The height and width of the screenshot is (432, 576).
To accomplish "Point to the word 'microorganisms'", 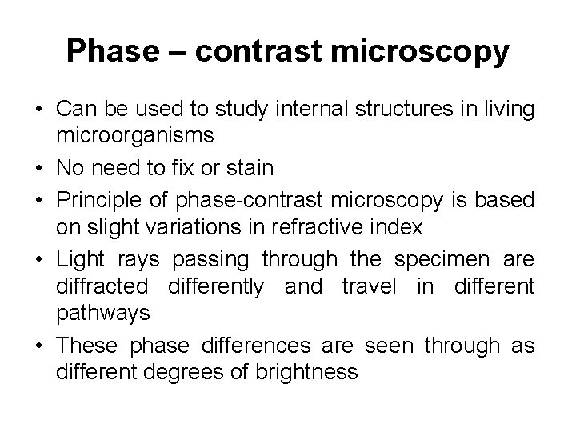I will point(134,135).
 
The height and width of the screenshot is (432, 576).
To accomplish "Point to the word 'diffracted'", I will point(102,286).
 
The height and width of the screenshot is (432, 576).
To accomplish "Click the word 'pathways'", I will point(102,311).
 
